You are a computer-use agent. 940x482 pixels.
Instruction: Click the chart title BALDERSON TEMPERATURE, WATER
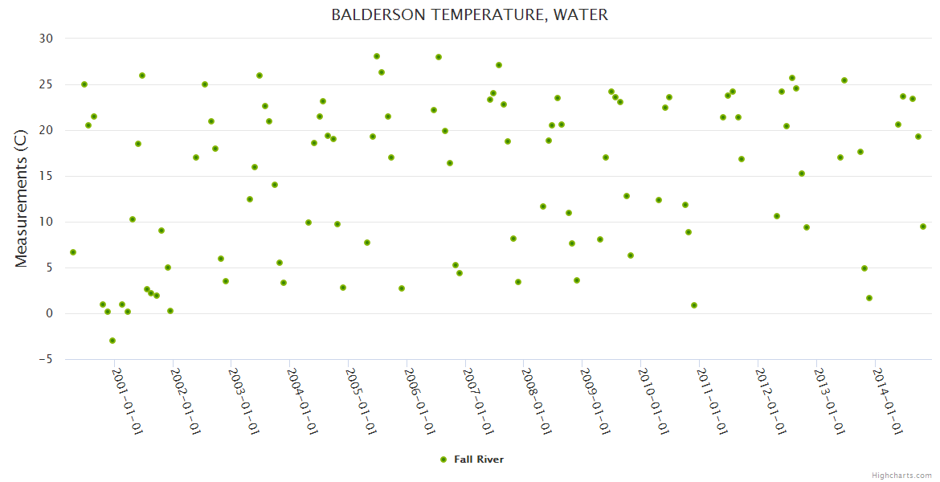470,15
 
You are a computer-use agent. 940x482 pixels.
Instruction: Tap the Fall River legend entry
472,460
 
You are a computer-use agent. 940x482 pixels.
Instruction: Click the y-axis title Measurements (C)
21,198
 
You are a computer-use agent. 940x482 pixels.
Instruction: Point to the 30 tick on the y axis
46,39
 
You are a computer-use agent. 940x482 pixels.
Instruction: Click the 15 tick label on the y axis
46,176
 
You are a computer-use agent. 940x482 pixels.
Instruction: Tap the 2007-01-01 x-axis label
479,402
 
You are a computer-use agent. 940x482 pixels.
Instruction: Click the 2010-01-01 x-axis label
654,402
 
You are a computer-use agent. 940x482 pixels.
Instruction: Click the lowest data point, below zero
112,341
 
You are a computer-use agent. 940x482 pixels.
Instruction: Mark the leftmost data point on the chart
73,252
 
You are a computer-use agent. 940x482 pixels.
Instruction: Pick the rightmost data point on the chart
923,227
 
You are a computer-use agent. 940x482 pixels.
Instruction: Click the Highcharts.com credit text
901,476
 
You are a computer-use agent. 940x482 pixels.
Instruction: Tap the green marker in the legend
443,460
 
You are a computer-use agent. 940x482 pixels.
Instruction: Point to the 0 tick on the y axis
50,313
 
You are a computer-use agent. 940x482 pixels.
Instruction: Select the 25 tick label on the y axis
46,84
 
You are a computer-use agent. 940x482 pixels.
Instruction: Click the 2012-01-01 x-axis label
771,402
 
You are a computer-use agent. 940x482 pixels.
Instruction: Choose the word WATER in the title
581,15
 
